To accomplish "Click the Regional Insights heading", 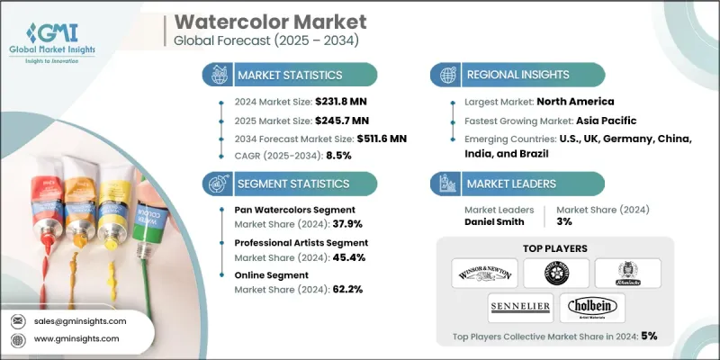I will click(516, 74).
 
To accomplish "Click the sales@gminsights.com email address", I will click(78, 320).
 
